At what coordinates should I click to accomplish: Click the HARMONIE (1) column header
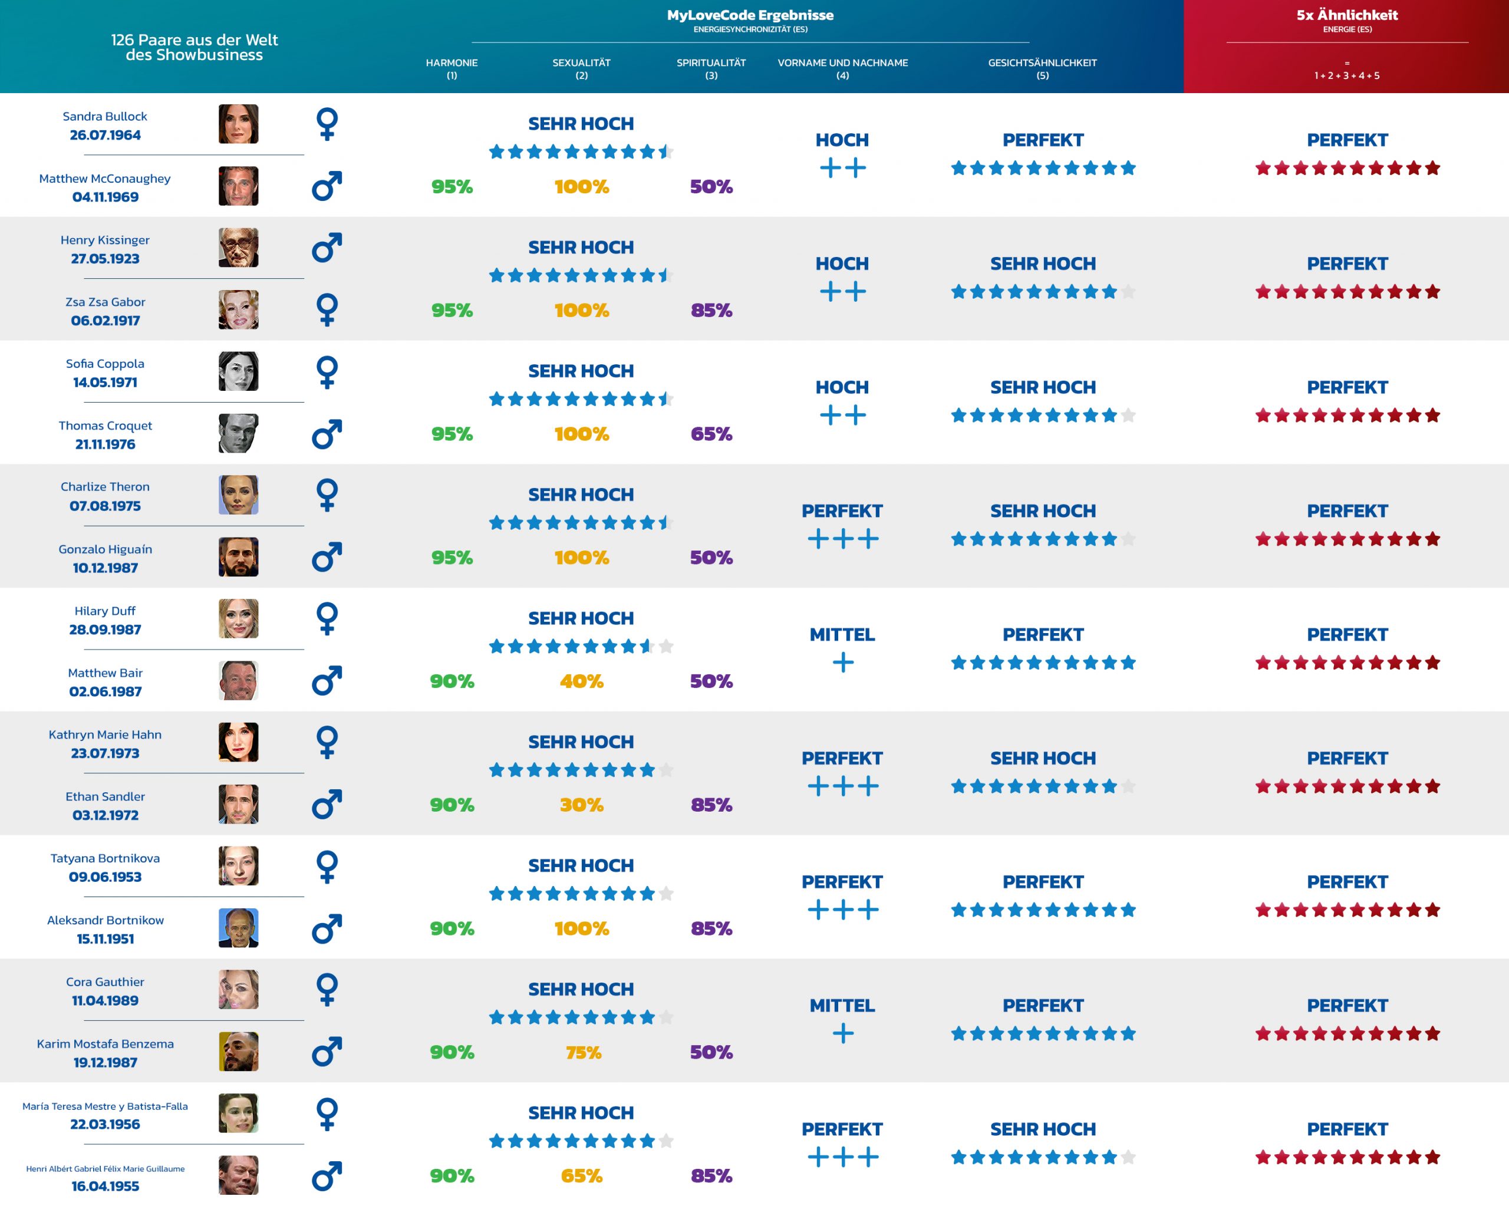point(452,68)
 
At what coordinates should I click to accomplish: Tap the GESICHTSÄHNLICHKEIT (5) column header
point(1042,68)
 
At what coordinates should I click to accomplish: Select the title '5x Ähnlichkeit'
point(1347,15)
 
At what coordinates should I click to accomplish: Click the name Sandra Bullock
point(105,116)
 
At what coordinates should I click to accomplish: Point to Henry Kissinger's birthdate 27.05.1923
point(105,258)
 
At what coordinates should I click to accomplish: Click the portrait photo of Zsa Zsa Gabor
point(238,309)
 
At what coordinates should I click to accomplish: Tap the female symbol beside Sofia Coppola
point(327,372)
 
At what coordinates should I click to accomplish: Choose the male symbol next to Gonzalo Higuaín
point(327,557)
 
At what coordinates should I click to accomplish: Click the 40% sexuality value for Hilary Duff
point(581,681)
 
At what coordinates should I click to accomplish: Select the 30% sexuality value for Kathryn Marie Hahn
point(581,805)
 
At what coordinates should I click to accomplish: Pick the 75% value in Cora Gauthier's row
point(583,1052)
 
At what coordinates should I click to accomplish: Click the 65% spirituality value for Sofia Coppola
point(711,434)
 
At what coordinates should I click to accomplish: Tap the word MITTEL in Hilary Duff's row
point(842,635)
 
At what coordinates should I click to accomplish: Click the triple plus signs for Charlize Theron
point(843,539)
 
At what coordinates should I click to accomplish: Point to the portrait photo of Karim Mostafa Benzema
point(238,1052)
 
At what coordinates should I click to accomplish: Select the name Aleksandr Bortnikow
point(105,920)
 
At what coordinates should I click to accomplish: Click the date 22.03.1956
point(105,1124)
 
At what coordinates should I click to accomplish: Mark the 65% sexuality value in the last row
point(581,1176)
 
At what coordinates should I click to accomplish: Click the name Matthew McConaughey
point(105,179)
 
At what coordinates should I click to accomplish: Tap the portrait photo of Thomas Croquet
point(238,433)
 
